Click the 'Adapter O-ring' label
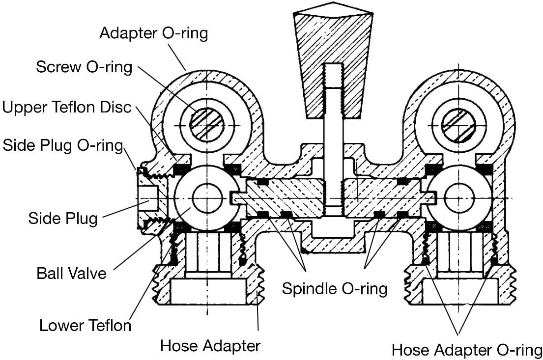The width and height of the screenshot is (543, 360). pos(154,33)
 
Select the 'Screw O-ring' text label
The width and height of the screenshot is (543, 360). pos(84,67)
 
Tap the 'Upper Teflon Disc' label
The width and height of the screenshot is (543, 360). pos(67,107)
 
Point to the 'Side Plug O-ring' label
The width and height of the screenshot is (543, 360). pos(63,145)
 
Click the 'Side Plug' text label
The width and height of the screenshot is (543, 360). pos(63,219)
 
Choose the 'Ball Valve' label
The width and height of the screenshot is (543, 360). pos(71,274)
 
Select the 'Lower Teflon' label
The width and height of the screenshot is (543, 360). pos(85,326)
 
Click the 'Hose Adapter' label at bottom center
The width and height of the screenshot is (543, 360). pos(210,345)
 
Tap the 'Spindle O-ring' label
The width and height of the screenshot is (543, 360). pos(335,288)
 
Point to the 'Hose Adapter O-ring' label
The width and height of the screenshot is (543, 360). pos(467,350)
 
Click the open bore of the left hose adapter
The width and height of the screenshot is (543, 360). pos(207,291)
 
